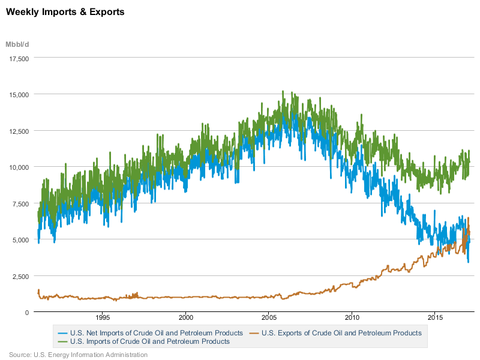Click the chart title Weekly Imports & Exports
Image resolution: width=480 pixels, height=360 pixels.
pos(65,12)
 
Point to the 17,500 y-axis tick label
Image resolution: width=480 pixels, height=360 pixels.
pos(19,58)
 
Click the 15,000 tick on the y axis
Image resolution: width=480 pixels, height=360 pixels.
pos(19,94)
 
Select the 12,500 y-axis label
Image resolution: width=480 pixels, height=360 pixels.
pos(19,131)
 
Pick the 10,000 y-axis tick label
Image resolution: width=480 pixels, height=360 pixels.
pos(19,167)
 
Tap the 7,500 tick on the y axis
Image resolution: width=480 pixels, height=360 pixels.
pos(20,203)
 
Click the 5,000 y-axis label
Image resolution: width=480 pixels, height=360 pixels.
pos(20,239)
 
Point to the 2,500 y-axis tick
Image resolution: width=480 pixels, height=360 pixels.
pos(20,276)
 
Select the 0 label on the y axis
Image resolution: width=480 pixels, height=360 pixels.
pos(27,312)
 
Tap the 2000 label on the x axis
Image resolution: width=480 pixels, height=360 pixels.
pos(185,318)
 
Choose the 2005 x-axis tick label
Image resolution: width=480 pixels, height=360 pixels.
pos(268,318)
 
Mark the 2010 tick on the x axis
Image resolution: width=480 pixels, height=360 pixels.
pos(352,318)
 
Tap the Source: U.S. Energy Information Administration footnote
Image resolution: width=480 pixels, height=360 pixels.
pos(78,355)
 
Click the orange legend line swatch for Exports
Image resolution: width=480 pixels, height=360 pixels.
pos(254,332)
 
